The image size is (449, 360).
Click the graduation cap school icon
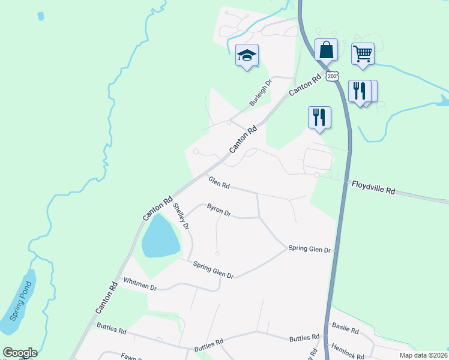[x=247, y=56]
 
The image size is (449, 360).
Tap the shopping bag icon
[x=326, y=50]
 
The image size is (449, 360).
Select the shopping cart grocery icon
[x=363, y=54]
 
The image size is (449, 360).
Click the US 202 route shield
[x=333, y=76]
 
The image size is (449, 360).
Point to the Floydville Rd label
[x=373, y=187]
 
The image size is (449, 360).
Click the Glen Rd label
[x=219, y=182]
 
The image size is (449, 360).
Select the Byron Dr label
[x=218, y=210]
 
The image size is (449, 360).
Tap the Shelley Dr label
[x=181, y=217]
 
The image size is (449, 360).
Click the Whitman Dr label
[x=139, y=284]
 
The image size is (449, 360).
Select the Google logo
[x=20, y=353]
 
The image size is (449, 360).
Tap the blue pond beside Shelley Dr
[x=160, y=237]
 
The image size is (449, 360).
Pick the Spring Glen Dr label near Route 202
[x=309, y=248]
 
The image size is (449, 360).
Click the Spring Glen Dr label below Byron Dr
[x=213, y=270]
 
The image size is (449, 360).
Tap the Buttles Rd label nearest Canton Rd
[x=111, y=329]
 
